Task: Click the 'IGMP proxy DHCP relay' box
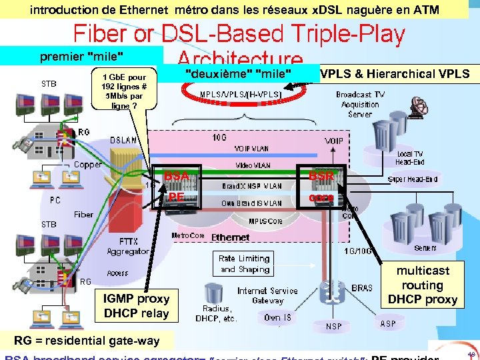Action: (x=136, y=306)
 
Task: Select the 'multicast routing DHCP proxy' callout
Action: (x=422, y=285)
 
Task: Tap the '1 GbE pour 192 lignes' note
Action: (x=124, y=91)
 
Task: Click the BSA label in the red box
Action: (x=176, y=176)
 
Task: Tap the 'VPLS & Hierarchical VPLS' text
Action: (x=395, y=73)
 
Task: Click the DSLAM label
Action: (x=125, y=141)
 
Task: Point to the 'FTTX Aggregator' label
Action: (x=128, y=247)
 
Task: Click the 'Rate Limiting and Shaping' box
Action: (x=245, y=264)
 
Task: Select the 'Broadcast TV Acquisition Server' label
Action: (x=360, y=104)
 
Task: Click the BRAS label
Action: (x=361, y=288)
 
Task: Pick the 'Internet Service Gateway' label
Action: (x=267, y=295)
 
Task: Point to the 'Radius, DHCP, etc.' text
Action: (x=216, y=313)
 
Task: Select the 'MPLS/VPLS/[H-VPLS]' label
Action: (x=241, y=95)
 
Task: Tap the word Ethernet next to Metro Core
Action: (x=230, y=237)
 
